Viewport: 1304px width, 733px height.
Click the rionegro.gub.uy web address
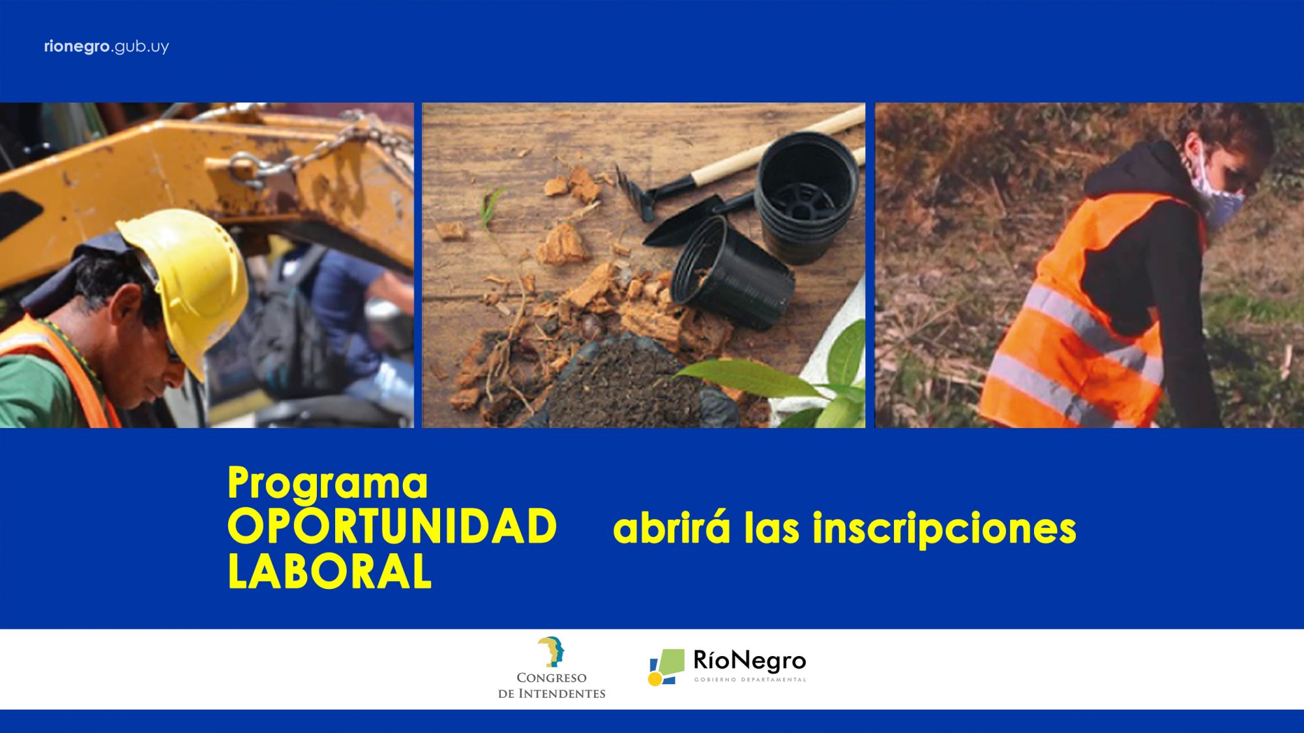[106, 47]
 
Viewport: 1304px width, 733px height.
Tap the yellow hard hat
[189, 274]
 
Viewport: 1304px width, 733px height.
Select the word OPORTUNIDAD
[392, 526]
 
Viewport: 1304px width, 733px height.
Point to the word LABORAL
[329, 571]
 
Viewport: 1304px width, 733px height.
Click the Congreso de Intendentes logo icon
[552, 652]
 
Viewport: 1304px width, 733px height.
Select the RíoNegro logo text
[750, 661]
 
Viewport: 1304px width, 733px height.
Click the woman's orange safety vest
[1082, 319]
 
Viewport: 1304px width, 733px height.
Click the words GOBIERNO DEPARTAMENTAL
[750, 680]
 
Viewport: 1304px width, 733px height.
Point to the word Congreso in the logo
[552, 678]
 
